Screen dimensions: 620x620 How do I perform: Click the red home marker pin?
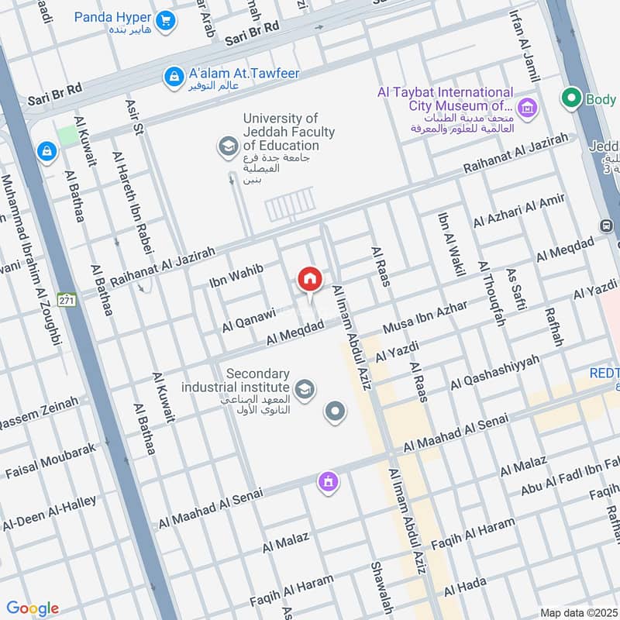pyautogui.click(x=309, y=279)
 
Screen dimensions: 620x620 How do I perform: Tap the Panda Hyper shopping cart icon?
pyautogui.click(x=164, y=21)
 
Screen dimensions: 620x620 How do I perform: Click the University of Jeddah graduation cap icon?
pyautogui.click(x=227, y=146)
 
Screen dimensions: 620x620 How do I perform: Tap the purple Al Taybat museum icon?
pyautogui.click(x=528, y=108)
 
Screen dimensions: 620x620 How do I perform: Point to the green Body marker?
pyautogui.click(x=572, y=98)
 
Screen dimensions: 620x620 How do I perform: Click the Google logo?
pyautogui.click(x=32, y=608)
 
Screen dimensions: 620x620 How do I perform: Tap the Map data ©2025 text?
pyautogui.click(x=577, y=613)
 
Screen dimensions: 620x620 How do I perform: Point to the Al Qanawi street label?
pyautogui.click(x=249, y=319)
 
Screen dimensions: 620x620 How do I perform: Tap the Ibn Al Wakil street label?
pyautogui.click(x=451, y=245)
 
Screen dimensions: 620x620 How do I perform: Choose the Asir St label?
pyautogui.click(x=129, y=117)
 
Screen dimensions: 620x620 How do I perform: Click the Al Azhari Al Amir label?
pyautogui.click(x=519, y=212)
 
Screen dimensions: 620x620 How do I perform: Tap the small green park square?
pyautogui.click(x=68, y=134)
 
